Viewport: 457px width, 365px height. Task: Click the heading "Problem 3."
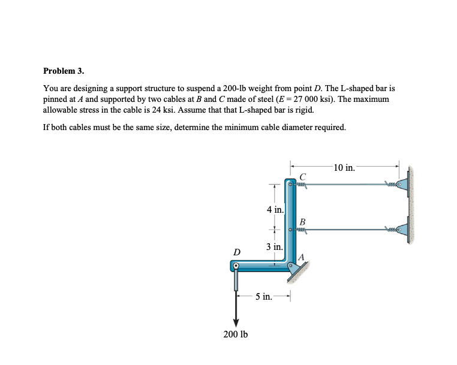pos(64,71)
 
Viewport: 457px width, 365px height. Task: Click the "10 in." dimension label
pos(344,168)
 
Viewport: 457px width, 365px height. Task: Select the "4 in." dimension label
pos(275,209)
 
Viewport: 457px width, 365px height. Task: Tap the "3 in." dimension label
pos(275,246)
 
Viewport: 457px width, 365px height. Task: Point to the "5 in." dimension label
pos(264,296)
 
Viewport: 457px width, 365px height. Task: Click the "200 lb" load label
pos(236,334)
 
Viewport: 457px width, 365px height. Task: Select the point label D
pos(237,252)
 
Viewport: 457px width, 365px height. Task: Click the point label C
pos(303,176)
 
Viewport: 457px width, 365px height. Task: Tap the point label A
pos(302,257)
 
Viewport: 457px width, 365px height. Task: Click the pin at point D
pos(236,266)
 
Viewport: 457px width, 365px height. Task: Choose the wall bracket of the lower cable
pos(404,230)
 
